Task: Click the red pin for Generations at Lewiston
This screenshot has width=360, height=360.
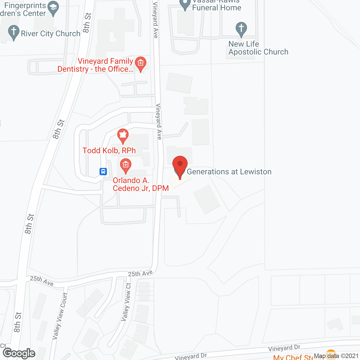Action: pos(180,165)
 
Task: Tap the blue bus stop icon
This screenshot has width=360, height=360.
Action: pos(103,171)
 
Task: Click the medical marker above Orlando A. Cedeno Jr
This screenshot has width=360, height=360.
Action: pos(125,165)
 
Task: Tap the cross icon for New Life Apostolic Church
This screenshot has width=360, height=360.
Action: pos(241,29)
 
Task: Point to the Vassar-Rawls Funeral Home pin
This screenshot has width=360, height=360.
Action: pos(185,4)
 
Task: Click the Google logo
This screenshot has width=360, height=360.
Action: pos(19,353)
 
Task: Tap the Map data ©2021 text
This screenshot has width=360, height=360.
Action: pos(336,356)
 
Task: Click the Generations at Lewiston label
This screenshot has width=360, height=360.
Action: pos(229,172)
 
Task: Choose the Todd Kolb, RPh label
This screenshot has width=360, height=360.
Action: pos(109,150)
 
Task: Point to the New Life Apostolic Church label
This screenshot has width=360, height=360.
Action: pos(258,48)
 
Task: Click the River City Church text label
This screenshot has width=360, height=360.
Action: pos(51,34)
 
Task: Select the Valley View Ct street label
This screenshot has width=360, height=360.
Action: pos(126,302)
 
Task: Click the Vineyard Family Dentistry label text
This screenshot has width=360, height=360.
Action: pos(96,65)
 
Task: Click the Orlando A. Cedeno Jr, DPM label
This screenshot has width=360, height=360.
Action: pos(141,184)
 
